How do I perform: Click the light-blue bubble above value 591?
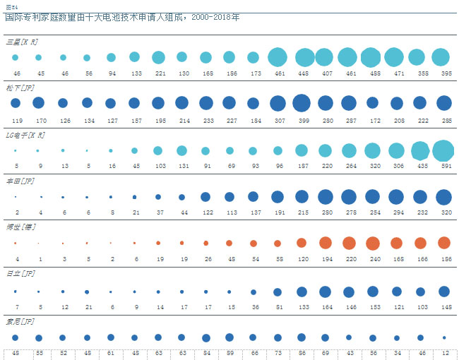443,150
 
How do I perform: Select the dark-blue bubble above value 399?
302,103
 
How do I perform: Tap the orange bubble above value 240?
372,244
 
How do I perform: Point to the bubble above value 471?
396,57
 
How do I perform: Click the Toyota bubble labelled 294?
396,197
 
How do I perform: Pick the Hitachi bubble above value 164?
325,291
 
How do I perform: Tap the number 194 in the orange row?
325,258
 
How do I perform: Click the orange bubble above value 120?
302,243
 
